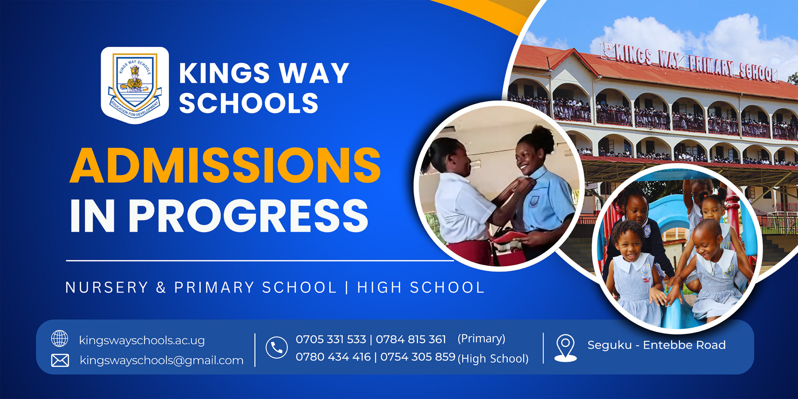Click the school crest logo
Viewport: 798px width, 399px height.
pos(135,85)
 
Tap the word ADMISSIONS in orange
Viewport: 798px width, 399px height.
pos(225,165)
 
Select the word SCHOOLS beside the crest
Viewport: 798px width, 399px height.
pos(249,103)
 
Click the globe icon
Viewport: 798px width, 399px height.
pos(60,339)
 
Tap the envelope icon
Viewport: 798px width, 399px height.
pos(60,360)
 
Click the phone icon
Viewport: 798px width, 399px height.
pos(276,347)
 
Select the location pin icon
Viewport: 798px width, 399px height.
pos(565,348)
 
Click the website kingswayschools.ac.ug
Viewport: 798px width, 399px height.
pos(142,340)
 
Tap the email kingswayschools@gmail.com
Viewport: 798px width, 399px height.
pos(161,360)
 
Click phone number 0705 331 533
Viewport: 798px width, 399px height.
pos(331,339)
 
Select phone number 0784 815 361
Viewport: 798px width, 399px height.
pos(411,339)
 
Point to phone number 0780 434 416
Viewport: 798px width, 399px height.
pos(333,357)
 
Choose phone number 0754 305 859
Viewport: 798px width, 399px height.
pos(418,357)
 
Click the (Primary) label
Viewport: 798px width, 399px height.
pos(481,339)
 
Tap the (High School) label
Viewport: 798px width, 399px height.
pos(493,358)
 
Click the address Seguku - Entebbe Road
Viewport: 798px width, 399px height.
pos(656,345)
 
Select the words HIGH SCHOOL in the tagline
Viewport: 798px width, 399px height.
pos(421,287)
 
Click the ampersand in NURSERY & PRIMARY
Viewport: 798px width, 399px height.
pos(161,287)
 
